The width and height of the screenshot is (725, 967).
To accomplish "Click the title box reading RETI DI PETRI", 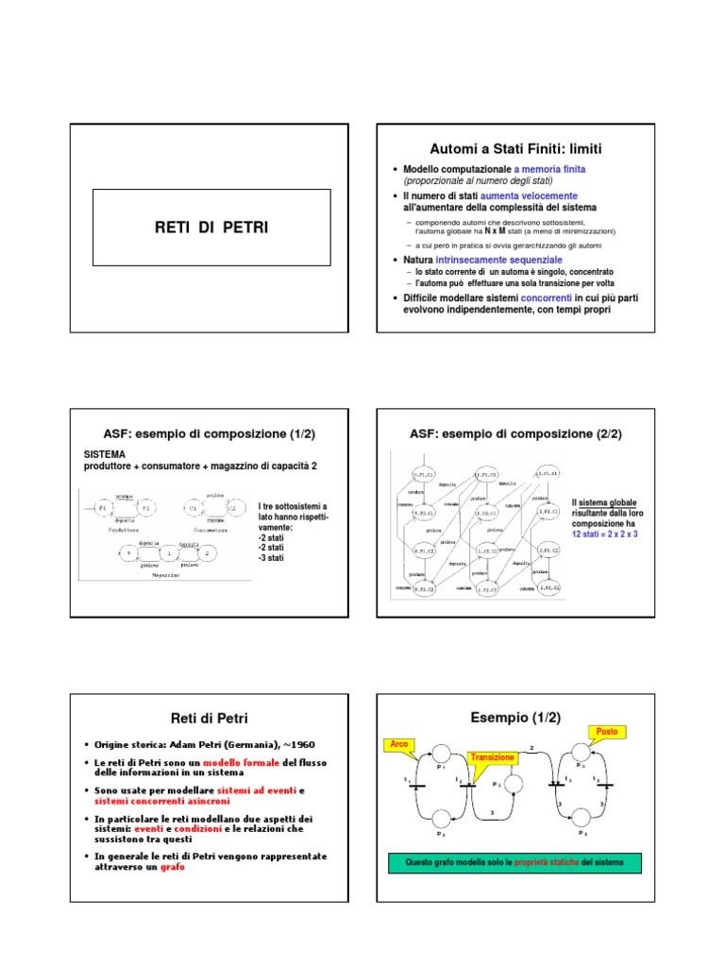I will point(211,228).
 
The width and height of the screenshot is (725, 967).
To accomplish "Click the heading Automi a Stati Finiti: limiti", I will point(515,149).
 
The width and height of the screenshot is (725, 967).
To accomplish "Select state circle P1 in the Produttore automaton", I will point(103,509).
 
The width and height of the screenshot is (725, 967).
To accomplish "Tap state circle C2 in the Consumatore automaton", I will point(229,509).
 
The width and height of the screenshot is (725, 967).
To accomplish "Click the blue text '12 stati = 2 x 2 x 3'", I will point(604,534).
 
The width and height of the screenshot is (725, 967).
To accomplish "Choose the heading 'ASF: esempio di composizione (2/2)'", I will point(515,433).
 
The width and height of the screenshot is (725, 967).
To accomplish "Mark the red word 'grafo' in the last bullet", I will point(173,866).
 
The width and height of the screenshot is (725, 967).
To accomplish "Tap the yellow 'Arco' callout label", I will point(400,745).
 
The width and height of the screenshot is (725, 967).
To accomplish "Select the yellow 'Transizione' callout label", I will point(492,757).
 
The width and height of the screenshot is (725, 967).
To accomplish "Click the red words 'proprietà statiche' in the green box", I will point(548,863).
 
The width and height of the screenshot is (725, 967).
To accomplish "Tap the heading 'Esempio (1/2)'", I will point(515,718).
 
